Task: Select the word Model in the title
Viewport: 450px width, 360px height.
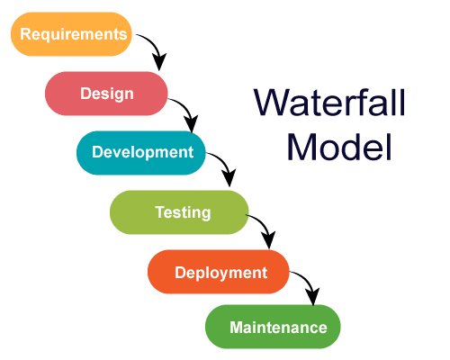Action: [339, 146]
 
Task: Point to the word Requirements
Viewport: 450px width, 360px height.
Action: [73, 34]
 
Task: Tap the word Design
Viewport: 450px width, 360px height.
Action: [106, 93]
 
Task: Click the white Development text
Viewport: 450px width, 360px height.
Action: [142, 151]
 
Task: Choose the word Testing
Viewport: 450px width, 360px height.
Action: [183, 212]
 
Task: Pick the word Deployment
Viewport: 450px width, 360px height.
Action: [220, 272]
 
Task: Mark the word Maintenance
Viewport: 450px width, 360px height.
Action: [278, 327]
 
